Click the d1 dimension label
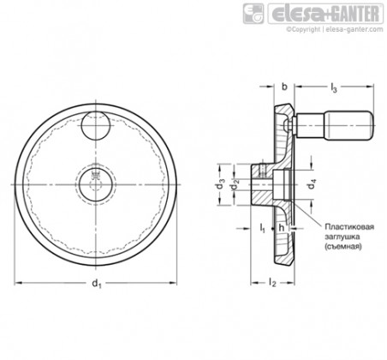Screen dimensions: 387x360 coord(96,284)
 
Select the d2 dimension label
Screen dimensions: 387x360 coord(235,185)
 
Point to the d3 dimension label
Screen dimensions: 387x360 coord(220,185)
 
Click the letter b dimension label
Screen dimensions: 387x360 coord(284,87)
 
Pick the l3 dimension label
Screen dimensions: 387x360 coord(334,87)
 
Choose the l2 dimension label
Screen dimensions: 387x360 coord(272,283)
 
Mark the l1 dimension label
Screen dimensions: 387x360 coord(262,228)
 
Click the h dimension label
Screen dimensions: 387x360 coord(282,228)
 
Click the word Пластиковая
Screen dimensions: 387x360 coord(349,227)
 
